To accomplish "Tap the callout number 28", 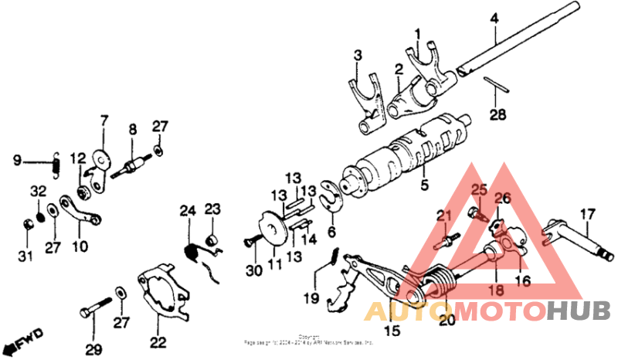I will click(x=499, y=115).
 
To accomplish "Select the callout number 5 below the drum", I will click(x=423, y=185).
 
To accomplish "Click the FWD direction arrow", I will click(x=22, y=341).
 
